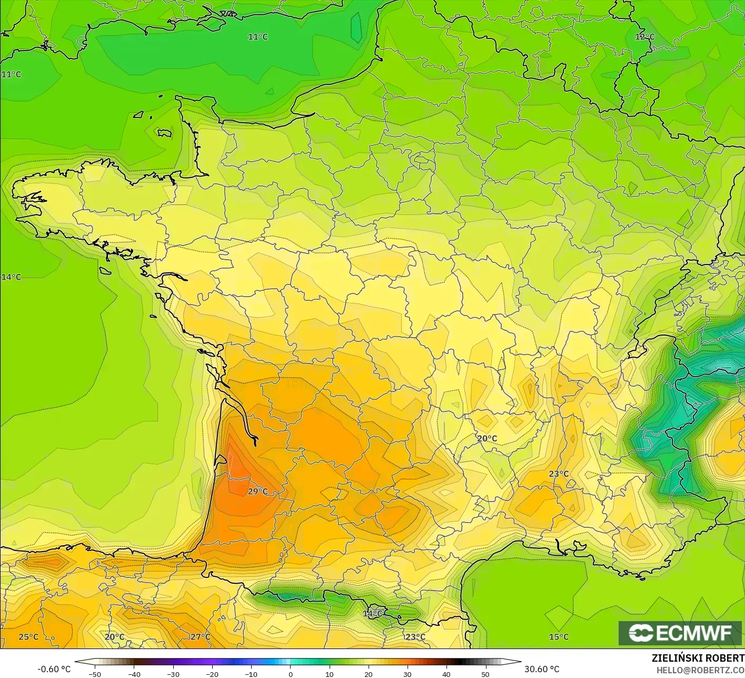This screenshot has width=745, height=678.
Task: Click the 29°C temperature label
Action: pyautogui.click(x=258, y=492)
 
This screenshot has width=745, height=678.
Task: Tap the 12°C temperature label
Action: pyautogui.click(x=645, y=37)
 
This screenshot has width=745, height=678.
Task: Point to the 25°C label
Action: pyautogui.click(x=28, y=637)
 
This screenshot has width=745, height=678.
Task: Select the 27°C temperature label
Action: pyautogui.click(x=200, y=637)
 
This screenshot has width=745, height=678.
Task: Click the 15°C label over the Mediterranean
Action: pyautogui.click(x=559, y=637)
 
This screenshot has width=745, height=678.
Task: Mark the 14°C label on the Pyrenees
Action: pyautogui.click(x=373, y=614)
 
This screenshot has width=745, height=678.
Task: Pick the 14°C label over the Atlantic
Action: pyautogui.click(x=11, y=277)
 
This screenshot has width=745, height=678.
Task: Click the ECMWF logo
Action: pyautogui.click(x=680, y=633)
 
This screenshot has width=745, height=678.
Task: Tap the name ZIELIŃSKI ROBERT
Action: pyautogui.click(x=698, y=658)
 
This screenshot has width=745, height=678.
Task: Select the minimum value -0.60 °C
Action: pyautogui.click(x=54, y=669)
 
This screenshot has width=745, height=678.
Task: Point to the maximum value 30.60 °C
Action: pyautogui.click(x=542, y=669)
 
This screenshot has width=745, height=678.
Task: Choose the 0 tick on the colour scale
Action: pyautogui.click(x=290, y=674)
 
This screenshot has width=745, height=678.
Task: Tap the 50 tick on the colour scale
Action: pyautogui.click(x=485, y=674)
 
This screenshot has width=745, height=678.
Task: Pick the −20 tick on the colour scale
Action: pyautogui.click(x=212, y=674)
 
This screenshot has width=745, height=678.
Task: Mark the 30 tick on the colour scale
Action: pyautogui.click(x=407, y=674)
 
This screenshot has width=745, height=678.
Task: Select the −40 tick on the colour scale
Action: pyautogui.click(x=134, y=674)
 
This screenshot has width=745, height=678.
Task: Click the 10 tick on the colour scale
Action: pyautogui.click(x=329, y=674)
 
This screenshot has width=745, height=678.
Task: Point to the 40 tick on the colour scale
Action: pyautogui.click(x=446, y=674)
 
